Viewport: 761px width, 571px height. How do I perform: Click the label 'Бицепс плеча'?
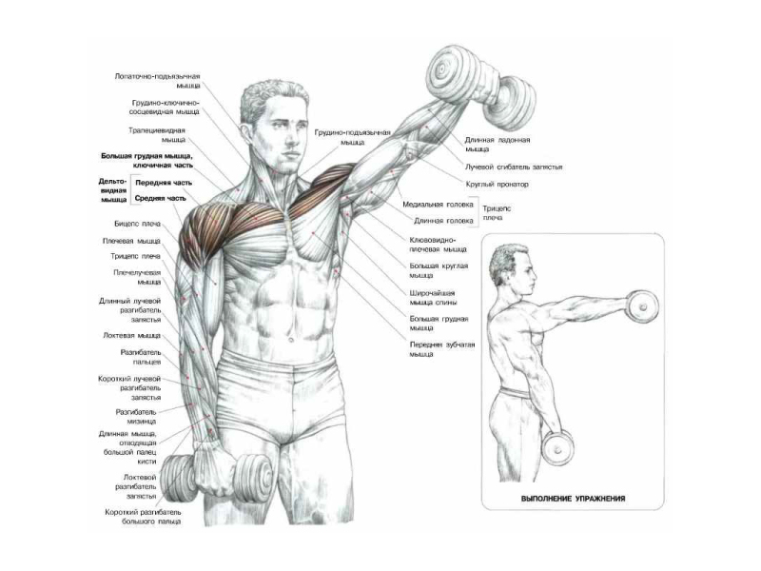(x=137, y=224)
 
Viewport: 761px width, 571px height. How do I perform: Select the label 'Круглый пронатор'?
(x=497, y=185)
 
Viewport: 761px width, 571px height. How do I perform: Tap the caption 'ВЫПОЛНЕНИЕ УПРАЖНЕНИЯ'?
(x=573, y=498)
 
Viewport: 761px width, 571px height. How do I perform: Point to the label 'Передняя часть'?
(x=164, y=183)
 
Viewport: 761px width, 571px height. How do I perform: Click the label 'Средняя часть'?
(x=160, y=198)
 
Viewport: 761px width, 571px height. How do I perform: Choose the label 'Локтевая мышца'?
(x=131, y=336)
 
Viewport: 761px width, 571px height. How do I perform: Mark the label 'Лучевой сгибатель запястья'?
(x=514, y=167)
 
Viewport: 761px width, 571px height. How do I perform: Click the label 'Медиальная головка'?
(x=438, y=205)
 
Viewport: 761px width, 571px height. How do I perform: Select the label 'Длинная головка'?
(x=443, y=221)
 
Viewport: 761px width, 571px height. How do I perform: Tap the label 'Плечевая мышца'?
(x=131, y=241)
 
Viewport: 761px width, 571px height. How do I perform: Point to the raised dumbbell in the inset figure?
(x=642, y=306)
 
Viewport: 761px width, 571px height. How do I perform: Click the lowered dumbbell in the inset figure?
(x=557, y=447)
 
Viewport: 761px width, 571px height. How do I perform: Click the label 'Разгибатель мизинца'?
(x=136, y=417)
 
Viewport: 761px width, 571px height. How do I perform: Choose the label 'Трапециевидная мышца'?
(x=157, y=135)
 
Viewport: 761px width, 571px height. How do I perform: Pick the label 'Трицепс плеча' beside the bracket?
(x=497, y=212)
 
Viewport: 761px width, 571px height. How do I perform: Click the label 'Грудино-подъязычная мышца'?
(x=352, y=137)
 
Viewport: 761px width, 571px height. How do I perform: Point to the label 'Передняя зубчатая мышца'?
(x=442, y=349)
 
